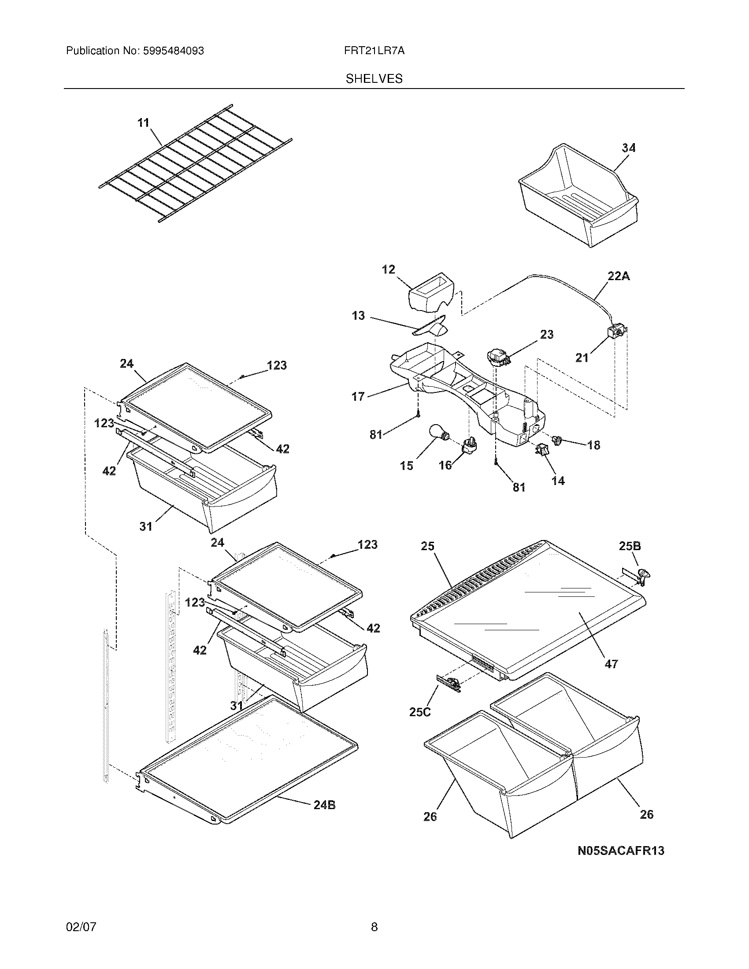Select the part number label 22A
coord(619,277)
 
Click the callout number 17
coord(358,396)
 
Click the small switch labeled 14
coord(543,450)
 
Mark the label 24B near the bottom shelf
coord(324,805)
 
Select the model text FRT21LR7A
coord(374,51)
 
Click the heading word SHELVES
coord(374,79)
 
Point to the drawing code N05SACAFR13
coord(621,851)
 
